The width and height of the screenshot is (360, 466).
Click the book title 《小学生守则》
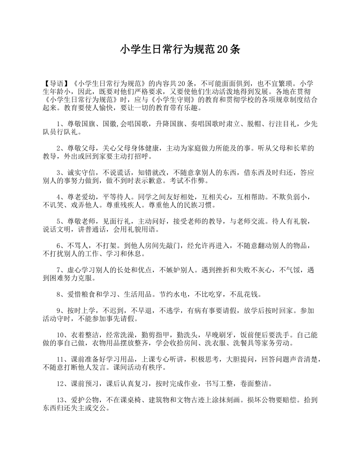pos(174,100)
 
